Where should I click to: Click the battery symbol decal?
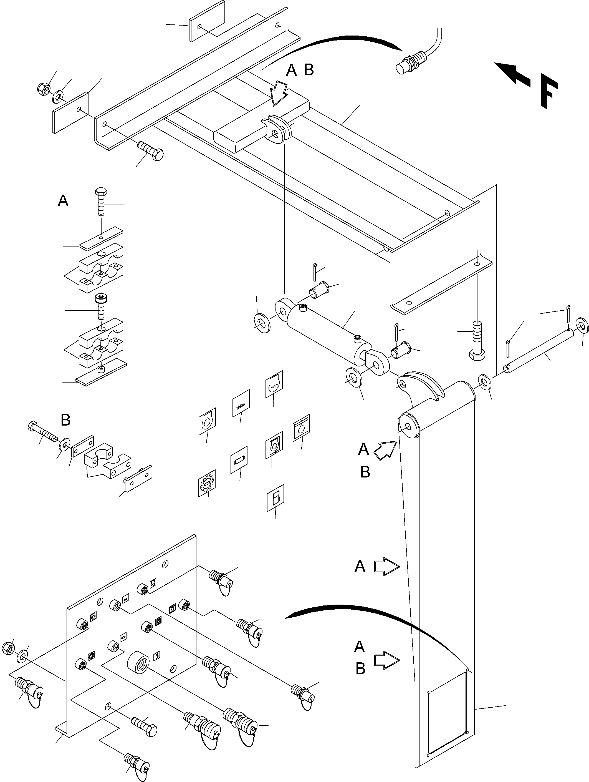click(x=239, y=460)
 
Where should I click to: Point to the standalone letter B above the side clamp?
click(x=66, y=420)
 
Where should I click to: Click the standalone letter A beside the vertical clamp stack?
click(x=63, y=201)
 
